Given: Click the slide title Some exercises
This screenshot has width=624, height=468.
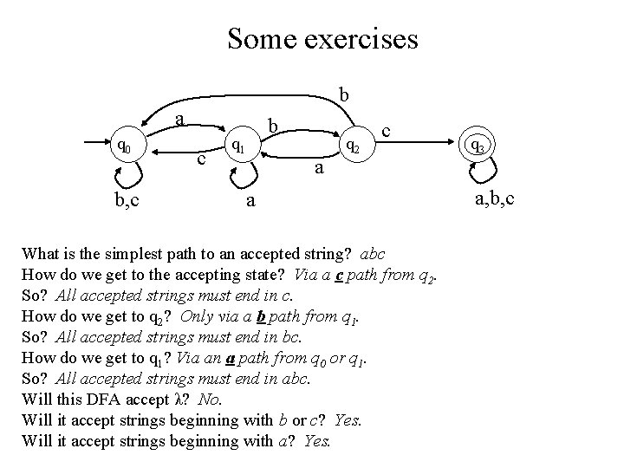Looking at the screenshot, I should coord(322,39).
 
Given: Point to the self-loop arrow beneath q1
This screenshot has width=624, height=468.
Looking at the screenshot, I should coord(240,176).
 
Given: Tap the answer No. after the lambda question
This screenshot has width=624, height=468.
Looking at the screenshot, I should coord(209,400).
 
